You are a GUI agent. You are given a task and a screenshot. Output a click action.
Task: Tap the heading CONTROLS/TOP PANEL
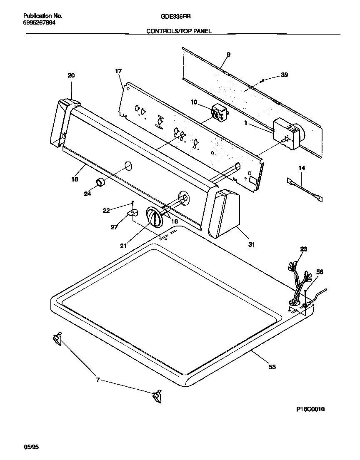tap(179, 31)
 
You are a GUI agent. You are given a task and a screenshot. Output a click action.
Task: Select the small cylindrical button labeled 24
tap(101, 182)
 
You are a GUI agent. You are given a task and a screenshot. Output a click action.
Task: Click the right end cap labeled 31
tap(225, 213)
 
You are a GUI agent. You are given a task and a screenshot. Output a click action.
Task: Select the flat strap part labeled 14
tap(306, 189)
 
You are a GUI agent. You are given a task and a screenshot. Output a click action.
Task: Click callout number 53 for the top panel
tap(272, 366)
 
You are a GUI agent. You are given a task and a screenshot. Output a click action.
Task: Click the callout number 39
tap(284, 75)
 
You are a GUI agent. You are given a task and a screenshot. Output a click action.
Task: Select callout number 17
tap(118, 71)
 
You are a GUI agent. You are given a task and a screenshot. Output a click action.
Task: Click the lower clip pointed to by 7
tap(157, 397)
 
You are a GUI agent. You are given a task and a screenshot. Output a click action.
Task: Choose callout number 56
tap(320, 271)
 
